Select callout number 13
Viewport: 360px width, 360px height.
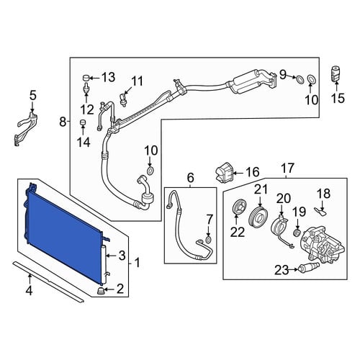pos(108,77)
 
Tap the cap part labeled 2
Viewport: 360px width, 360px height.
pos(101,291)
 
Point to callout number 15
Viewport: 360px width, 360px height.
pos(338,98)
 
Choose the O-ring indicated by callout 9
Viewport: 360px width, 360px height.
pos(300,79)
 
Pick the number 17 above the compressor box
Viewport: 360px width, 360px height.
pos(287,168)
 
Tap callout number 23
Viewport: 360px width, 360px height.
pos(282,271)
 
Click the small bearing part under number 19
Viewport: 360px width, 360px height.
pos(297,233)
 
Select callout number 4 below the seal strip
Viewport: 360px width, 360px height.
pos(29,291)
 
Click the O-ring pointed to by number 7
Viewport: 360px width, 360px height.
pos(209,239)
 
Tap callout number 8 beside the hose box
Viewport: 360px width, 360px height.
pos(63,122)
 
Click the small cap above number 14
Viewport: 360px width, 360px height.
pos(83,122)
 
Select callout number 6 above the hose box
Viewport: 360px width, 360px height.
pos(190,178)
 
